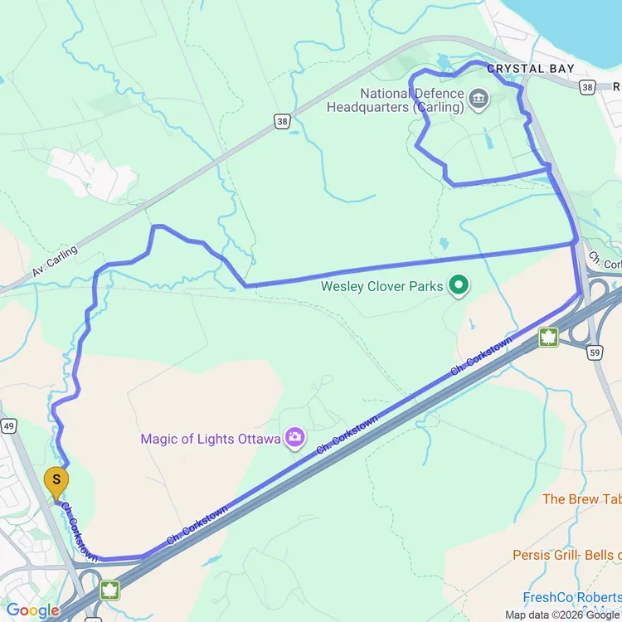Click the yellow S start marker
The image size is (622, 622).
[56, 480]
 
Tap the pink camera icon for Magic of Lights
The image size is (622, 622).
[294, 437]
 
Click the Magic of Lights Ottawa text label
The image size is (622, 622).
[210, 439]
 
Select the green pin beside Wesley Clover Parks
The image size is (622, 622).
[458, 287]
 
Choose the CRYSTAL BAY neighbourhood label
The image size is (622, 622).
[531, 69]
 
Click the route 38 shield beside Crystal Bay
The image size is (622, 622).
[588, 85]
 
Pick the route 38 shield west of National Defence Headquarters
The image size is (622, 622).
[282, 122]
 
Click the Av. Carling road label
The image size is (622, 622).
[56, 260]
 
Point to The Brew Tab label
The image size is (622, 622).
[581, 499]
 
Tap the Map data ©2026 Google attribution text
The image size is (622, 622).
[562, 615]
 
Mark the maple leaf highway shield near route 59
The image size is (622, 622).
[547, 337]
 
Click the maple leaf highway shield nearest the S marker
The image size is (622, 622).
[109, 590]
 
